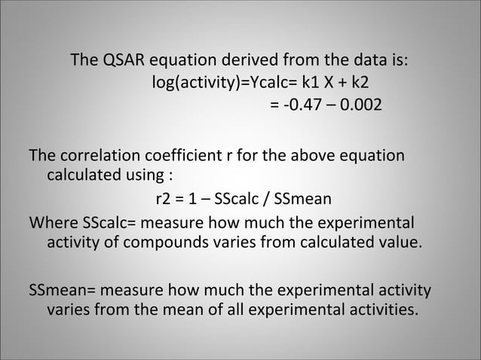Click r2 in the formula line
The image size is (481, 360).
[x=164, y=200]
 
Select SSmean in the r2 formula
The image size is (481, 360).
[x=305, y=200]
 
